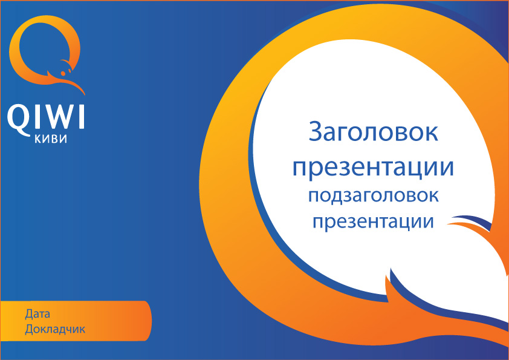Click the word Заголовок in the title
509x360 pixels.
(373, 133)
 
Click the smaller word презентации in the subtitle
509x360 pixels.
(373, 220)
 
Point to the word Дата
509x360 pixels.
(37, 315)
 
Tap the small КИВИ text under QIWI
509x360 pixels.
(46, 140)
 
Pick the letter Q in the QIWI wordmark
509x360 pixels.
(18, 118)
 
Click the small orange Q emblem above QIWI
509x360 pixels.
(46, 51)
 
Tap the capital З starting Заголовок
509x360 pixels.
(316, 133)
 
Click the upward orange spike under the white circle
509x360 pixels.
(387, 280)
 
